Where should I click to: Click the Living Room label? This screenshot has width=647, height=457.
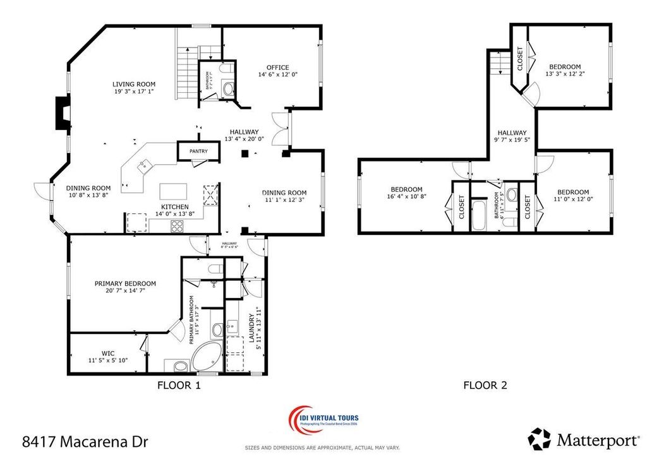click(134, 85)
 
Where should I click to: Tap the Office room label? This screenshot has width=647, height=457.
click(277, 68)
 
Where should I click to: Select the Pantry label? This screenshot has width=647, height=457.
click(198, 151)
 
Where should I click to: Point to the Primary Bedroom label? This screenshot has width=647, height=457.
click(125, 284)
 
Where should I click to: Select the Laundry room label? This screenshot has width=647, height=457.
click(251, 328)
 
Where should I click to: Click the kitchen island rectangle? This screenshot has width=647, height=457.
click(173, 191)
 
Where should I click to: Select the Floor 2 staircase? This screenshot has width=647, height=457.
click(498, 64)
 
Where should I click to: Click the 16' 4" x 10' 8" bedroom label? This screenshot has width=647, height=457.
click(406, 190)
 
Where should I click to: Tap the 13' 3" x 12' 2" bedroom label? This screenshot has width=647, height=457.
click(564, 67)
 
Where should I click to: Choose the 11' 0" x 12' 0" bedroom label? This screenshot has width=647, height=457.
click(573, 193)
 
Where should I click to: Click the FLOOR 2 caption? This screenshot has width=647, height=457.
click(485, 384)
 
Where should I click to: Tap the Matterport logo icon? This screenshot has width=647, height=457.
click(540, 438)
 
